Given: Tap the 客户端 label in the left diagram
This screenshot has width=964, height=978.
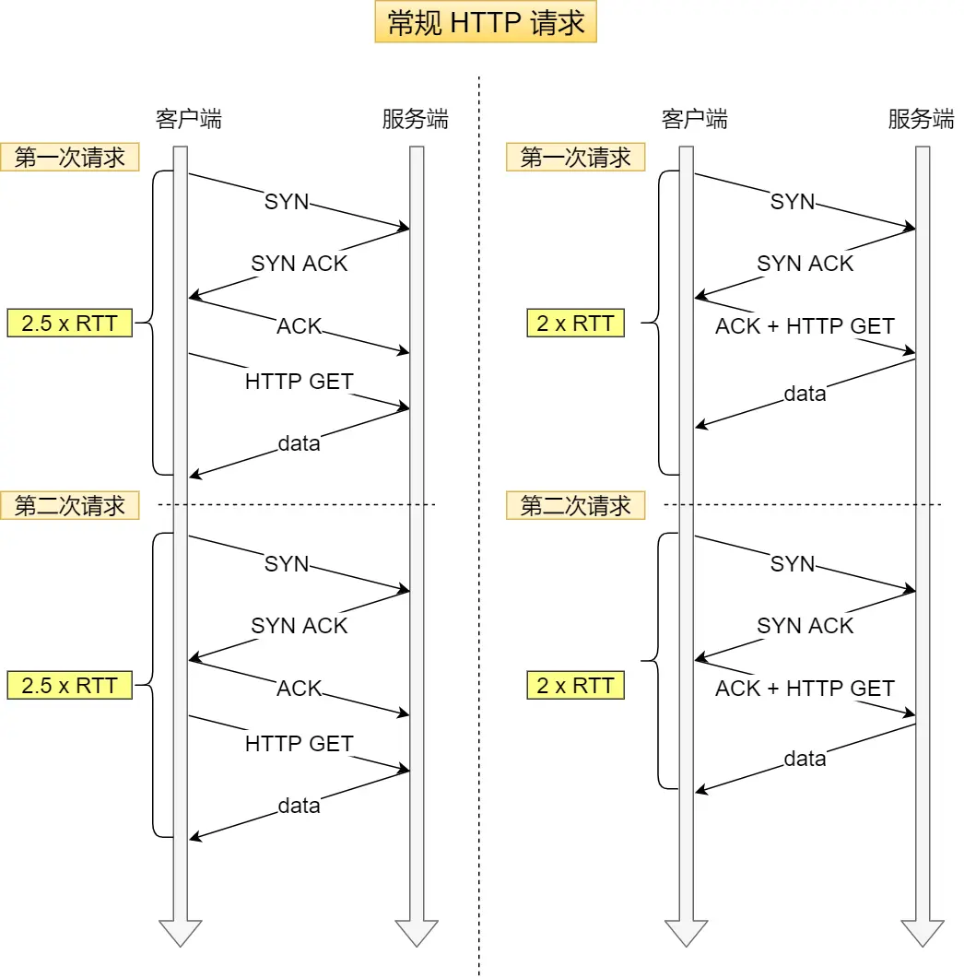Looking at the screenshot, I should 188,119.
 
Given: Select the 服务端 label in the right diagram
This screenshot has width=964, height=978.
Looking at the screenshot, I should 921,119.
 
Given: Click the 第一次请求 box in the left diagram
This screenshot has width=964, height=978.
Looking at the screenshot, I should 70,158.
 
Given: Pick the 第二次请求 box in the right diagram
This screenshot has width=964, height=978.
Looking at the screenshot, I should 575,505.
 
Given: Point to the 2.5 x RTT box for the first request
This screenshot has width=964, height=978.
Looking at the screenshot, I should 70,324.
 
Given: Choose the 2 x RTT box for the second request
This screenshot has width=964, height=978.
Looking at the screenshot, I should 575,685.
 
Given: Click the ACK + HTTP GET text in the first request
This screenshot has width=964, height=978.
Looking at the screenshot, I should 805,326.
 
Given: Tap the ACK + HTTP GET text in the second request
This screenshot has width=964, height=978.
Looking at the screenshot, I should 805,689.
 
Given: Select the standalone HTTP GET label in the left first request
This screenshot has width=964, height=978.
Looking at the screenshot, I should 299,381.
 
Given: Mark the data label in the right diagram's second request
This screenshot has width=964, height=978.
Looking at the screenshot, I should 805,759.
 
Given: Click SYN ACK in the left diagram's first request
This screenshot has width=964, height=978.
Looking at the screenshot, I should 300,264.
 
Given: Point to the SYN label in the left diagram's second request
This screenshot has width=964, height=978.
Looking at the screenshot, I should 287,564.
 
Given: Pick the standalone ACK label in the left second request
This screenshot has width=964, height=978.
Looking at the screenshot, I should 300,689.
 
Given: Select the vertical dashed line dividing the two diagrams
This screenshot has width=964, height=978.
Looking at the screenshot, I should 479,553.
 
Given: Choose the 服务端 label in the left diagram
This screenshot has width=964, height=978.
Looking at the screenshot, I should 415,119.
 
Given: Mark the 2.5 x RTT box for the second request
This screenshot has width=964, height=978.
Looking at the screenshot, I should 70,685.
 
